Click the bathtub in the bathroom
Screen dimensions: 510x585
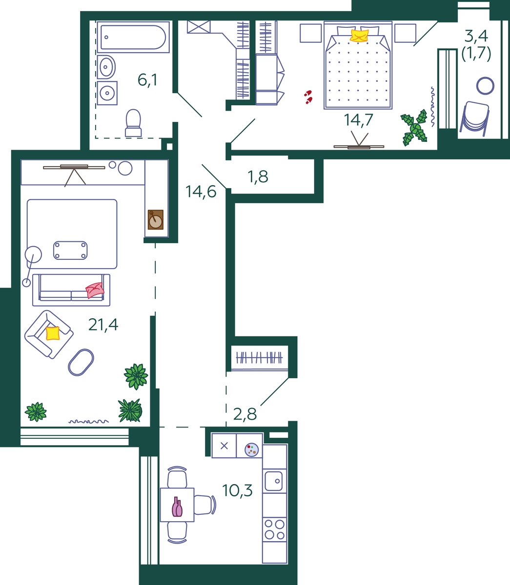coord(133,37)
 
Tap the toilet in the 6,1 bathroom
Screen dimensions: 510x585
coord(133,123)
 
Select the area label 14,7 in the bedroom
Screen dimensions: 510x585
coord(358,120)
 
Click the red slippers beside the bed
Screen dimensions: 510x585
coord(308,97)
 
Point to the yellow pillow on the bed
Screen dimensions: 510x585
coord(359,36)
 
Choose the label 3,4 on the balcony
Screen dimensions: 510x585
coord(476,36)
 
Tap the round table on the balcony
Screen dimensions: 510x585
coord(485,86)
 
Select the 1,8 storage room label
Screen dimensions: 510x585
coord(258,177)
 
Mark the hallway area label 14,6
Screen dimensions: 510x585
coord(201,192)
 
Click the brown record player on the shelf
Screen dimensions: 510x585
coord(155,220)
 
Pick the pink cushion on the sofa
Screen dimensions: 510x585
coord(95,290)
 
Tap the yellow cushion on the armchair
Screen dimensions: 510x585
coord(53,333)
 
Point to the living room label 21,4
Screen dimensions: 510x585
coord(103,325)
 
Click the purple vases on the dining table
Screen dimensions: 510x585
coord(177,507)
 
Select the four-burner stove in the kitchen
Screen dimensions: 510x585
coord(274,529)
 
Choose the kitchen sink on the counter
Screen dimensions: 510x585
coord(274,481)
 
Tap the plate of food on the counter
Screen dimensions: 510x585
coord(251,449)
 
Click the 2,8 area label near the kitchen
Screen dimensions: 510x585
coord(245,414)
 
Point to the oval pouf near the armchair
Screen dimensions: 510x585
coord(81,362)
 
